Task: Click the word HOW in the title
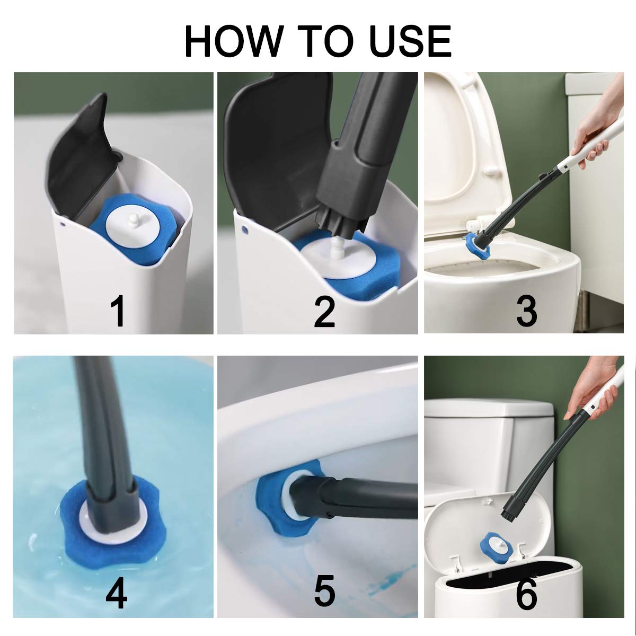(234, 41)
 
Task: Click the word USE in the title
(410, 41)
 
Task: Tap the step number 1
(117, 311)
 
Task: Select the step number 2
(324, 311)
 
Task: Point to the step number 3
(527, 311)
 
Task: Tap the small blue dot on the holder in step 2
(244, 229)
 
